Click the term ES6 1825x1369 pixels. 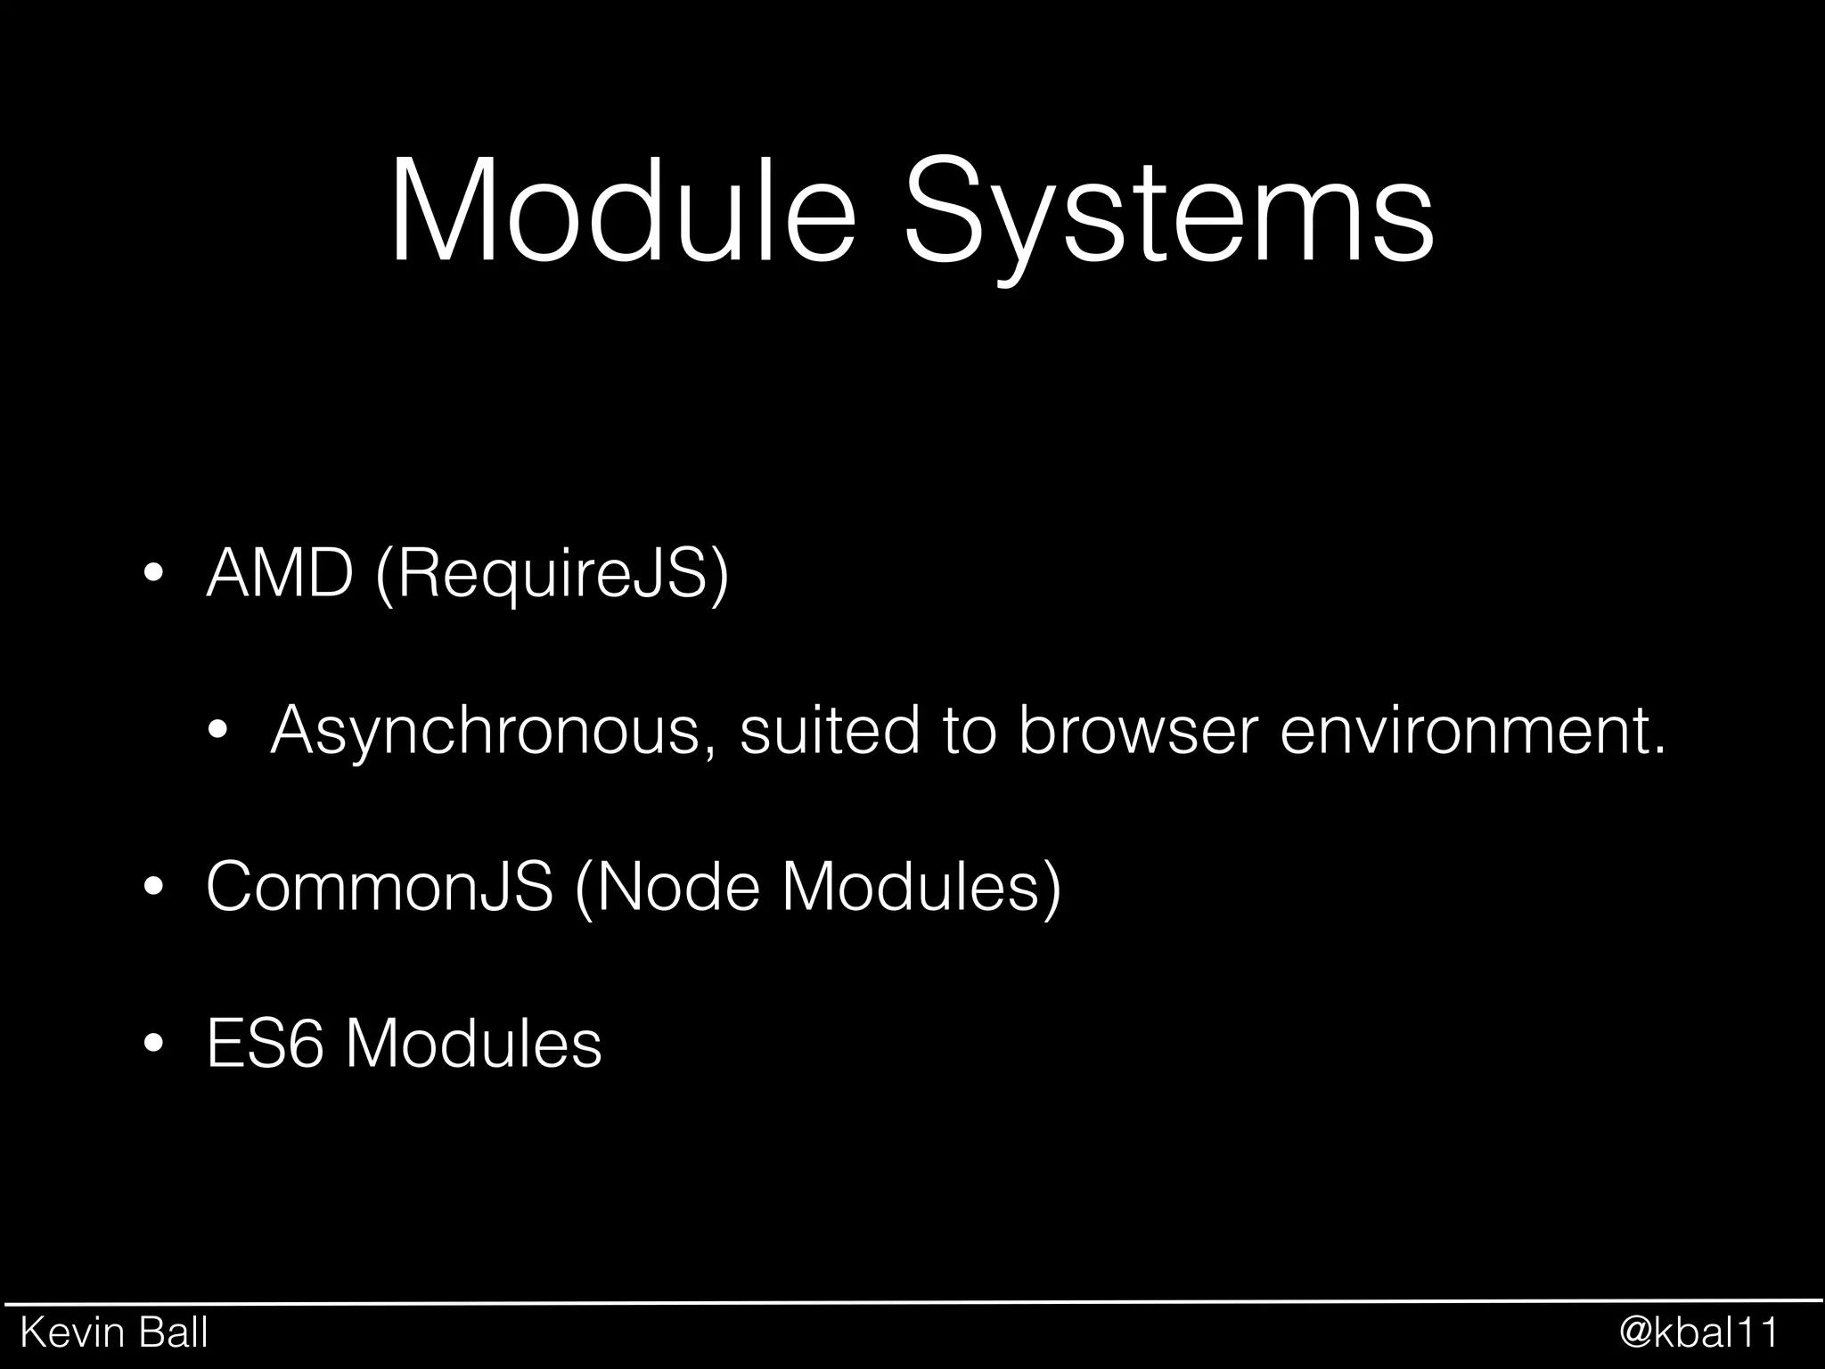[x=265, y=1042]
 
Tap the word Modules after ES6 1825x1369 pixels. [x=473, y=1042]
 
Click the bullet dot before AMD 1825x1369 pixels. [x=153, y=575]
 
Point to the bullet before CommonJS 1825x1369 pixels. [x=153, y=888]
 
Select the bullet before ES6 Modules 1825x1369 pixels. [x=153, y=1043]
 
